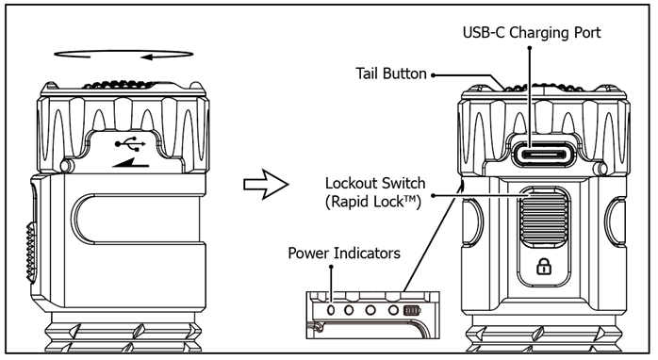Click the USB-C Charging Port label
click(532, 32)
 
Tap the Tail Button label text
click(391, 74)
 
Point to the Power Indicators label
click(344, 253)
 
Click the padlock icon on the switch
click(544, 266)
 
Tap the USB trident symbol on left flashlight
click(130, 143)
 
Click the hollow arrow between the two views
click(266, 184)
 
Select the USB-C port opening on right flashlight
click(544, 154)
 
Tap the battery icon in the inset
click(411, 310)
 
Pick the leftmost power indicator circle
click(331, 310)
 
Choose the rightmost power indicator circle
click(393, 310)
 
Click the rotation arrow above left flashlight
click(123, 54)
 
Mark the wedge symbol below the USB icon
click(131, 162)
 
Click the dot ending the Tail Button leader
click(433, 75)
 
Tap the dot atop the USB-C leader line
click(530, 48)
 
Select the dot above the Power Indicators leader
click(331, 267)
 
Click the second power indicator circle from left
click(349, 310)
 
